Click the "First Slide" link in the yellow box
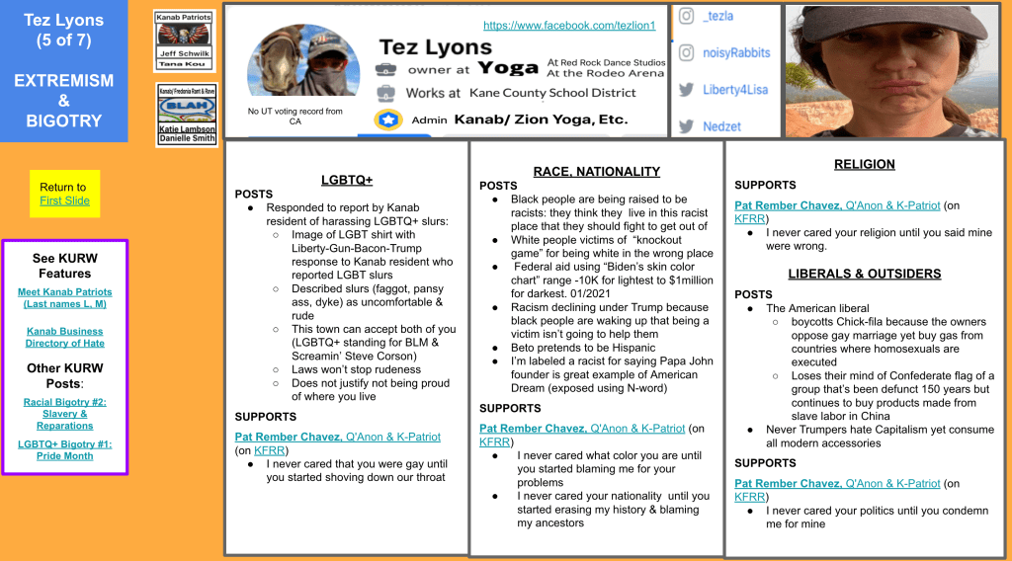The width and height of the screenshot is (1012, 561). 64,200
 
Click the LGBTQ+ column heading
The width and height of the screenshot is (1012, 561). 346,180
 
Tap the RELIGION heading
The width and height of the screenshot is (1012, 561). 864,164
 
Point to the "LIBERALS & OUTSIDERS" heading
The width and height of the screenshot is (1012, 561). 864,273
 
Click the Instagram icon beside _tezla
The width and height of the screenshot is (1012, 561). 686,16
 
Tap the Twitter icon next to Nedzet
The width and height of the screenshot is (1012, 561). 686,126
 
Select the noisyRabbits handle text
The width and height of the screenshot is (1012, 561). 735,52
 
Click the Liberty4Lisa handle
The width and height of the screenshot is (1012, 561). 737,90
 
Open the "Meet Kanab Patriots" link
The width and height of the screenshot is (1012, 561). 65,297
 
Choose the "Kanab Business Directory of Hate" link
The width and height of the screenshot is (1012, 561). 65,337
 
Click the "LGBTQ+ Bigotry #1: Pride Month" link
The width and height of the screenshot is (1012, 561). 65,449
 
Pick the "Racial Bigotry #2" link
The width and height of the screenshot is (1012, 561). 65,414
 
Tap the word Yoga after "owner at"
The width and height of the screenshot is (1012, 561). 507,67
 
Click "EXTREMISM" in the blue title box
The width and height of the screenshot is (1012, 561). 64,80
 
